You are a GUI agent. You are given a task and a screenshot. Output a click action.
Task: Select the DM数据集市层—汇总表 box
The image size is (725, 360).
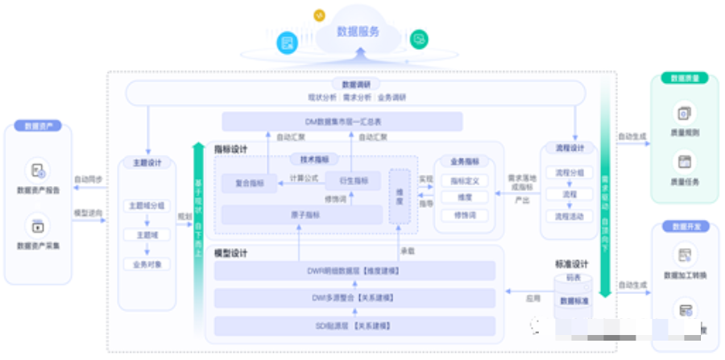tap(342, 122)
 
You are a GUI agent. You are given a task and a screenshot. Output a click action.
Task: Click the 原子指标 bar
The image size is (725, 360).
tap(302, 214)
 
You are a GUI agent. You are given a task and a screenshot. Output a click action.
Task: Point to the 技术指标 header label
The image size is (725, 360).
tap(314, 159)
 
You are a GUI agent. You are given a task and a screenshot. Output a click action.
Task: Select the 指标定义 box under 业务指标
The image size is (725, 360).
tap(465, 181)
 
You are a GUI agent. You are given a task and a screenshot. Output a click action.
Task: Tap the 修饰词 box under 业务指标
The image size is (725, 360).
tap(465, 215)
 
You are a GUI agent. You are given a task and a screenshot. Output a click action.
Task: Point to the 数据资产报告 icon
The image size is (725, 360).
tap(38, 170)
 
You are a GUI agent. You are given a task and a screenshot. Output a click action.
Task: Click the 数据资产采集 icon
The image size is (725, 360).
tap(38, 224)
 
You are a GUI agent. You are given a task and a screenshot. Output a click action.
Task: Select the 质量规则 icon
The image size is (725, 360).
tap(684, 114)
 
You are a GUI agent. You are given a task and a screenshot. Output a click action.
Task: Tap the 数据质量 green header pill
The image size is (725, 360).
tap(684, 78)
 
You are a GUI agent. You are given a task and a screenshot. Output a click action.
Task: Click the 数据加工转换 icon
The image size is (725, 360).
tap(684, 256)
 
